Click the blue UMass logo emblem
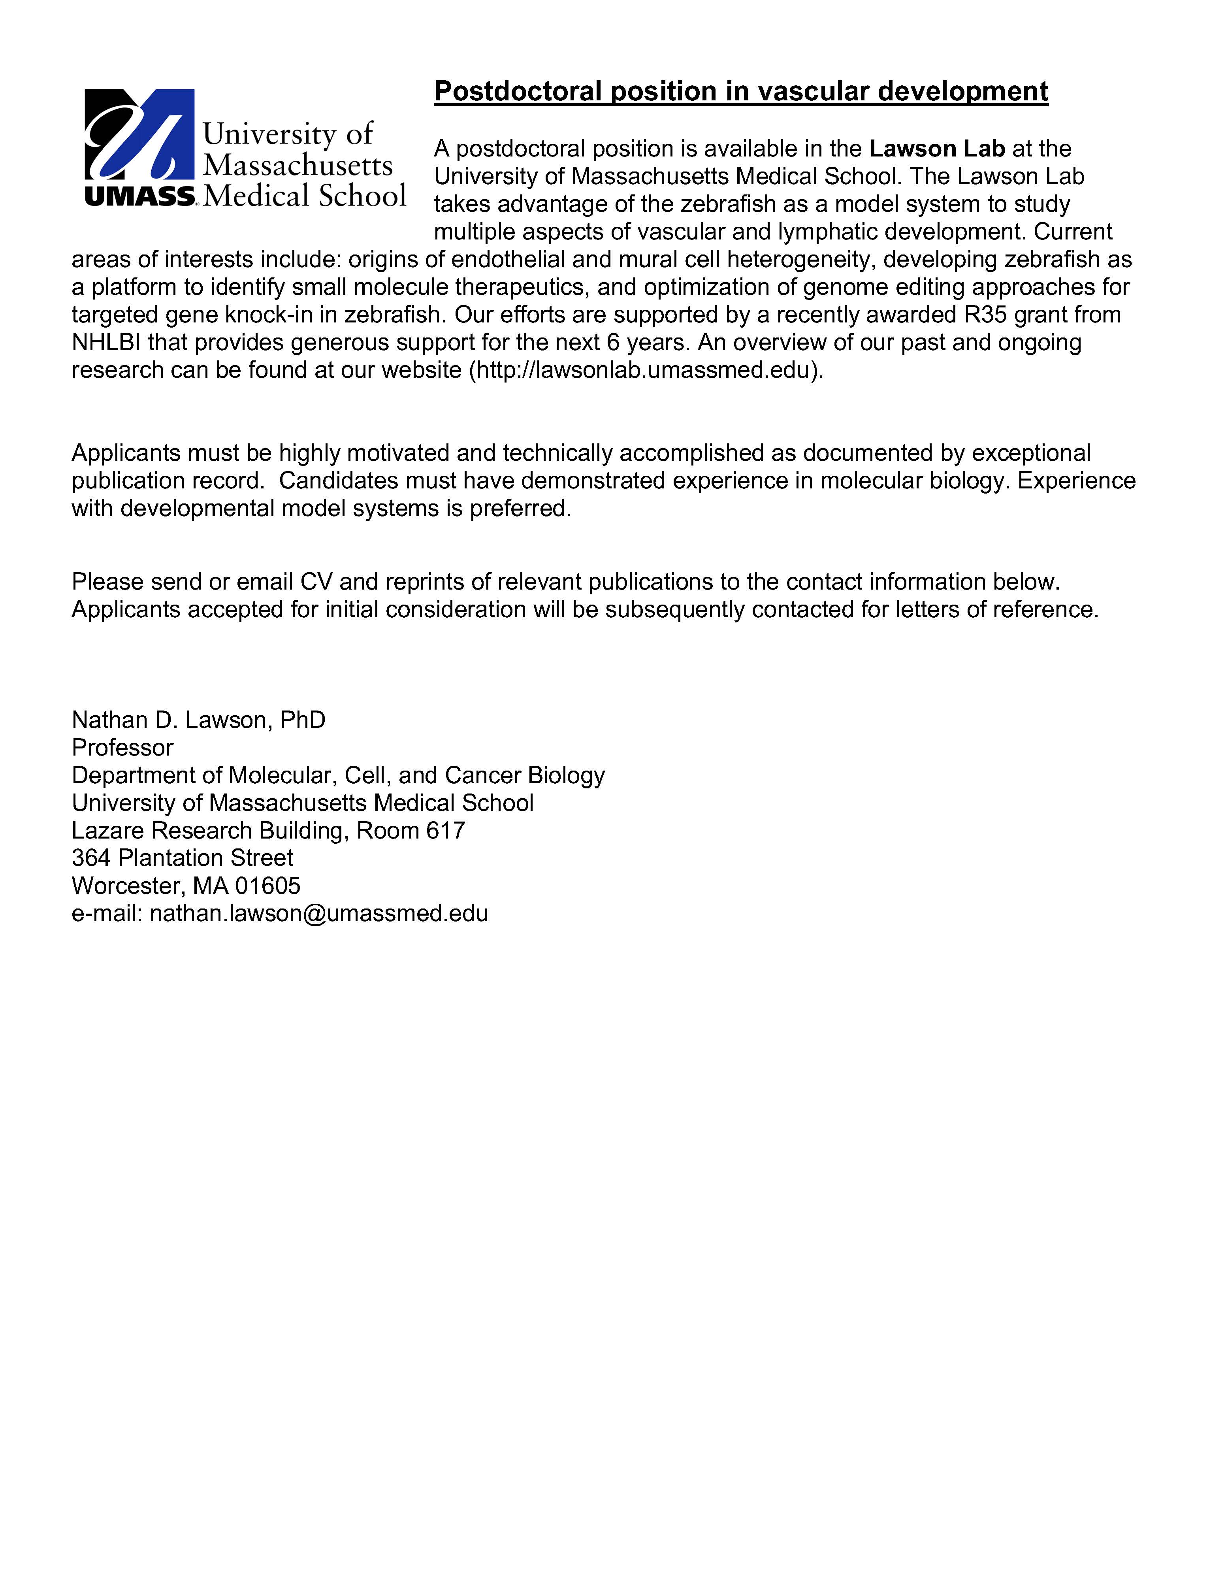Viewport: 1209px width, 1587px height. (139, 135)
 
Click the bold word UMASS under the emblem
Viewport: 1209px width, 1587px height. (139, 196)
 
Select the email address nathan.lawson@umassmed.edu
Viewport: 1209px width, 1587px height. (319, 913)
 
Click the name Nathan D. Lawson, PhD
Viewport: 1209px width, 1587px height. (199, 720)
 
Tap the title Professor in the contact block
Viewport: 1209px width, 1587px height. (122, 748)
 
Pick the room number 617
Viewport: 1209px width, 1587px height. (445, 831)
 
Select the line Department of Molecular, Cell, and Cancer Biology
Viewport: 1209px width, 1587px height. (338, 775)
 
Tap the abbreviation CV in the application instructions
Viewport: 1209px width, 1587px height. (316, 582)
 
